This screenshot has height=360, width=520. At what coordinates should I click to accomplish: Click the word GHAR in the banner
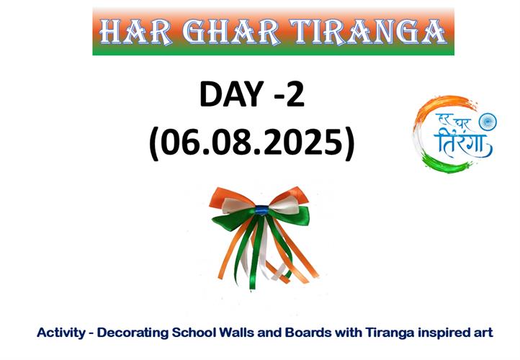tap(230, 32)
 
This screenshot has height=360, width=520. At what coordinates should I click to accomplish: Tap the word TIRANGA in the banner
tap(368, 32)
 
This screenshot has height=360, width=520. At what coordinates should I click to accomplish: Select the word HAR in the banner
tap(136, 32)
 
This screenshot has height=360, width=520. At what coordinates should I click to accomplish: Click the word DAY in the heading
tap(231, 94)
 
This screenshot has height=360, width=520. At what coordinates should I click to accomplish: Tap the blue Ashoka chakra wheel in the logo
tap(488, 122)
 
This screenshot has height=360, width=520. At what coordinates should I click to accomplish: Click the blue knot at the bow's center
tap(261, 210)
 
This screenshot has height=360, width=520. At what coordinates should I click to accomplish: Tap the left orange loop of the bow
tap(230, 197)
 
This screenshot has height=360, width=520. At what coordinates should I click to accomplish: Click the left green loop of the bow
tap(232, 218)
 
